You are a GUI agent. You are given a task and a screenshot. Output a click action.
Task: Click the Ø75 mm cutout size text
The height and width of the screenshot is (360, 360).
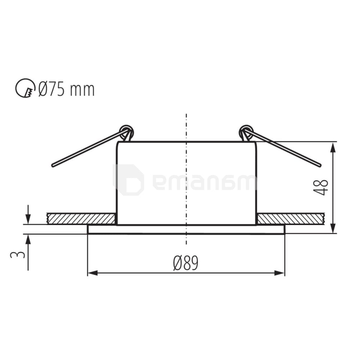pyautogui.click(x=66, y=89)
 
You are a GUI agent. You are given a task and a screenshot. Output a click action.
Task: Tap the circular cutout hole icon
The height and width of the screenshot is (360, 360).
pyautogui.click(x=25, y=88)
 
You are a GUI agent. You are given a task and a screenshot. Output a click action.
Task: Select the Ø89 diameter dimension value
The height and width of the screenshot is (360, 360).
pyautogui.click(x=186, y=263)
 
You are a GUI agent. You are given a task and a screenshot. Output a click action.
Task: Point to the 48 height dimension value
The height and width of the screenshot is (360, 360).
pyautogui.click(x=322, y=187)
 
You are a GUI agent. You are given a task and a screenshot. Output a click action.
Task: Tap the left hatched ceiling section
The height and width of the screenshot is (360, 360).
pyautogui.click(x=80, y=219)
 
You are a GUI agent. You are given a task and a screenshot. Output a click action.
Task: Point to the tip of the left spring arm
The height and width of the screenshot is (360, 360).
pyautogui.click(x=53, y=165)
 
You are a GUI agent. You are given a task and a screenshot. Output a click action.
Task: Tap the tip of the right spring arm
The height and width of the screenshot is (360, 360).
pyautogui.click(x=319, y=165)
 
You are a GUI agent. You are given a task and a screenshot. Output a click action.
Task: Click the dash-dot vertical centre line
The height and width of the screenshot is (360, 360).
pyautogui.click(x=186, y=180)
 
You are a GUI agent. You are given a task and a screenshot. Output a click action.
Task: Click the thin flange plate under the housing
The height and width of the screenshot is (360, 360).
pyautogui.click(x=186, y=229)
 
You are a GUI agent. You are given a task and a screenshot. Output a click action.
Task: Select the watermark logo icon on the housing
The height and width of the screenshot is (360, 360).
pyautogui.click(x=129, y=180)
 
